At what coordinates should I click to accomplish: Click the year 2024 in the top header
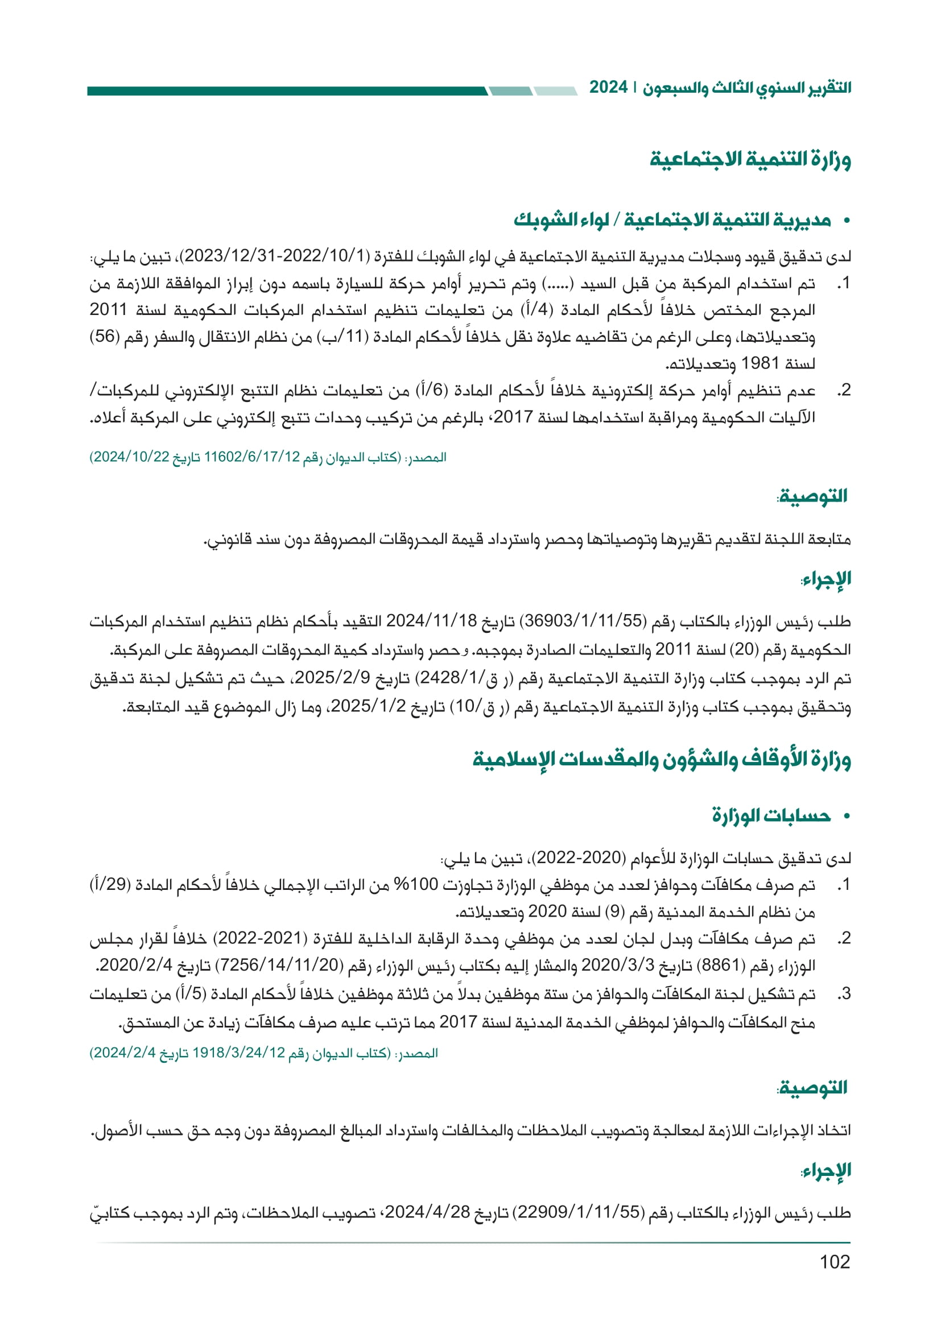(x=608, y=88)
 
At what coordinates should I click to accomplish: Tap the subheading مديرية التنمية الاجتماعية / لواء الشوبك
(x=672, y=220)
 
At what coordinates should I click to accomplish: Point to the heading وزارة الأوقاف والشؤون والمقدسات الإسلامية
(x=661, y=759)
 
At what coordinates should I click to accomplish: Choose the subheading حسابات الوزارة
(x=771, y=815)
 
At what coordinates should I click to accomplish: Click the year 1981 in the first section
(x=760, y=364)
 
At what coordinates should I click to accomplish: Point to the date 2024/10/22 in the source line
(x=127, y=457)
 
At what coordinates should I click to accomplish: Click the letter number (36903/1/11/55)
(x=583, y=622)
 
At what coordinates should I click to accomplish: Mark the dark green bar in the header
(x=287, y=91)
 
